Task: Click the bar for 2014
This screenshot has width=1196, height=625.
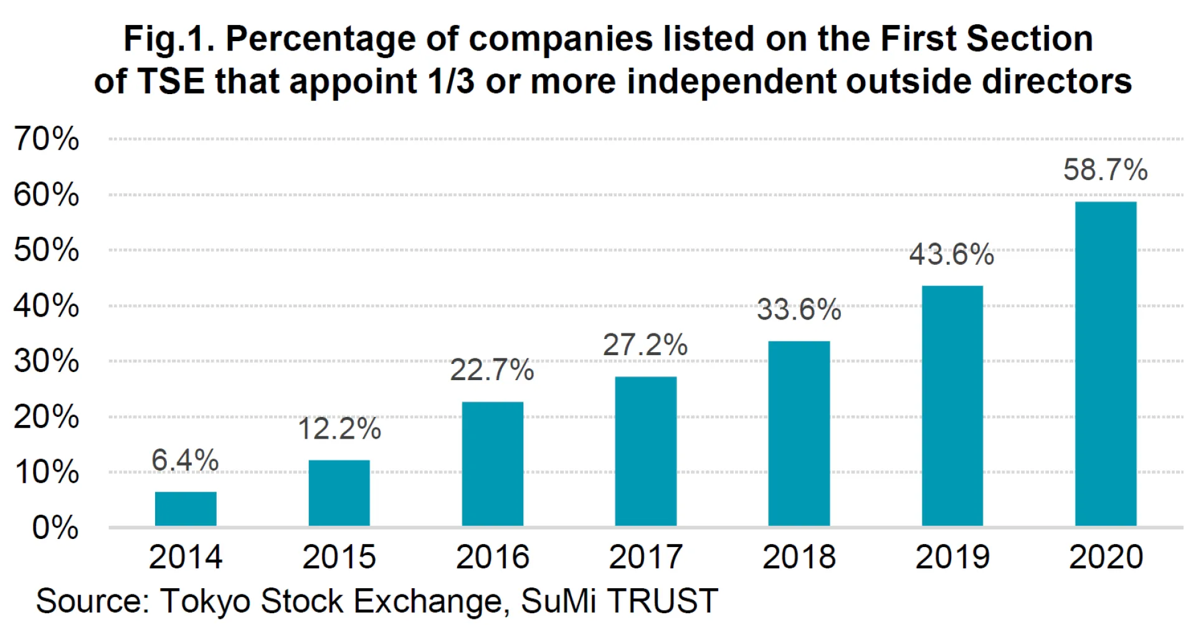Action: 186,509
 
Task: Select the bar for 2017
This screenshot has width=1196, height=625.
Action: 645,451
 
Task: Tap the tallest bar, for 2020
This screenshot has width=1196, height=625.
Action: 1106,364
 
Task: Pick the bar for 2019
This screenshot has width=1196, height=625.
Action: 952,406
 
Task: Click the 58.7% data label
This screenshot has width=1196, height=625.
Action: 1105,169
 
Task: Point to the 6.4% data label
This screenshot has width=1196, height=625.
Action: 185,460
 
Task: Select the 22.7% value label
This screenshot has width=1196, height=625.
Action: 492,370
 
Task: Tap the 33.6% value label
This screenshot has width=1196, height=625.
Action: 799,310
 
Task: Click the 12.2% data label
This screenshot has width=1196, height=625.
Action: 339,429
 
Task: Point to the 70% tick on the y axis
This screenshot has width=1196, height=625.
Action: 47,138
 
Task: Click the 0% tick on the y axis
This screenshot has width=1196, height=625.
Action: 55,528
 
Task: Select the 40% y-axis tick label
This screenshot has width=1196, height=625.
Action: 47,306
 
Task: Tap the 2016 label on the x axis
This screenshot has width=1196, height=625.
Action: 492,556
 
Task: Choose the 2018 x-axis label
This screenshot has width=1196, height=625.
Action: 799,556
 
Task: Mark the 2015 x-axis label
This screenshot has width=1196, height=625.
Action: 339,556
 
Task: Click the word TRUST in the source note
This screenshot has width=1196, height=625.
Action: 663,601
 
